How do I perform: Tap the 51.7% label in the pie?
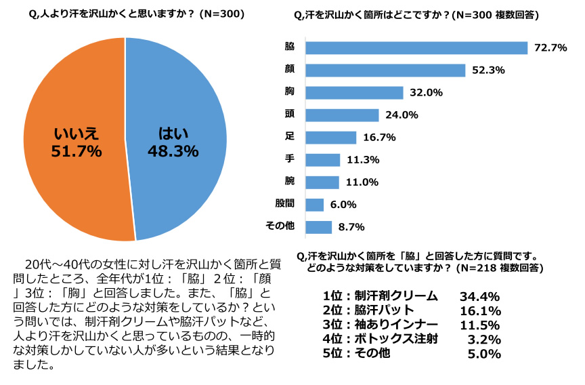[77, 150]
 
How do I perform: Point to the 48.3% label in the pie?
[173, 150]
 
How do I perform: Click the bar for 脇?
[416, 47]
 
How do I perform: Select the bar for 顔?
[385, 70]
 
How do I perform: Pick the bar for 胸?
[354, 93]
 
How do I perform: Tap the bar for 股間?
[315, 204]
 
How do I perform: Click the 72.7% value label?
[550, 47]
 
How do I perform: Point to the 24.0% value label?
[402, 115]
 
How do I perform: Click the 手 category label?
[290, 160]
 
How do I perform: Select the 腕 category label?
[290, 182]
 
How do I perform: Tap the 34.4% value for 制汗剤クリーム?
[479, 296]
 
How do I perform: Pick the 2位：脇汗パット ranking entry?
[368, 310]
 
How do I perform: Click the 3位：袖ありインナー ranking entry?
[380, 325]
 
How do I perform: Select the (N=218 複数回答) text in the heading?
[498, 268]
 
